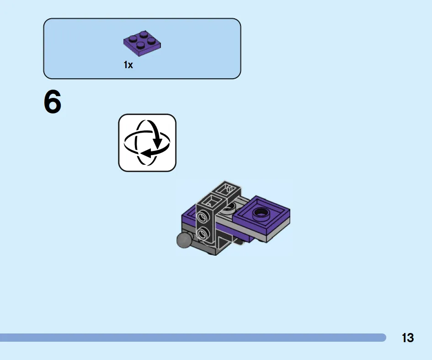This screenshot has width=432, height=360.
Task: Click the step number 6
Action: click(53, 102)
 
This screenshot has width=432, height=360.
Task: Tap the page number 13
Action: click(408, 338)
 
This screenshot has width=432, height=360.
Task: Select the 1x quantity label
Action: click(128, 65)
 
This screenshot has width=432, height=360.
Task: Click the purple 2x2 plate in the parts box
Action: click(142, 43)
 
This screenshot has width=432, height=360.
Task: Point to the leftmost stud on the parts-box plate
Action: click(133, 38)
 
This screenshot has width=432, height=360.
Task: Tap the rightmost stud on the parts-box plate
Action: click(151, 40)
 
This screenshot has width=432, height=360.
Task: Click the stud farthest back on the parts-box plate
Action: click(143, 34)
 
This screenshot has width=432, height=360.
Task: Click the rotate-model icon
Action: click(147, 143)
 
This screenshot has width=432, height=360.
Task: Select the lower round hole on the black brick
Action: click(203, 233)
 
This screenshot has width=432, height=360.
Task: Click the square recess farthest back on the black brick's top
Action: click(228, 188)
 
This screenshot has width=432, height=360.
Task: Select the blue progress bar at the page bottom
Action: click(193, 338)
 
